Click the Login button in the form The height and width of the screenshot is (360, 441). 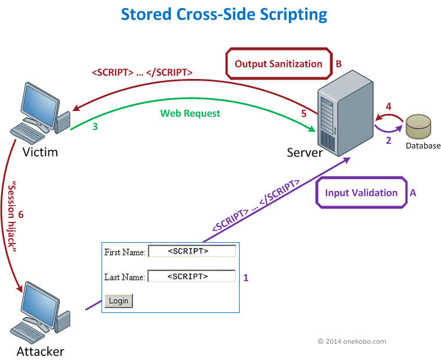[119, 301]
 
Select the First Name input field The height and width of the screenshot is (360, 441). [192, 251]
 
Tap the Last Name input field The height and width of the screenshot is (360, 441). [191, 276]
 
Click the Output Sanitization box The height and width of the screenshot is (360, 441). [278, 64]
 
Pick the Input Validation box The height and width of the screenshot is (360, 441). [361, 193]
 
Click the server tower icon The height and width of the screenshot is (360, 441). [344, 113]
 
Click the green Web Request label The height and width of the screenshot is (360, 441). [190, 113]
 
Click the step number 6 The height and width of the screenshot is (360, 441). [21, 215]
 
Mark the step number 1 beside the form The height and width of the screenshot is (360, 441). [245, 278]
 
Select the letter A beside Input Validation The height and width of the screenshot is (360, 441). [413, 193]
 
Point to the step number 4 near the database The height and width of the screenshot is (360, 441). [389, 106]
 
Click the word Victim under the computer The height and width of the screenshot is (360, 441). [40, 152]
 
